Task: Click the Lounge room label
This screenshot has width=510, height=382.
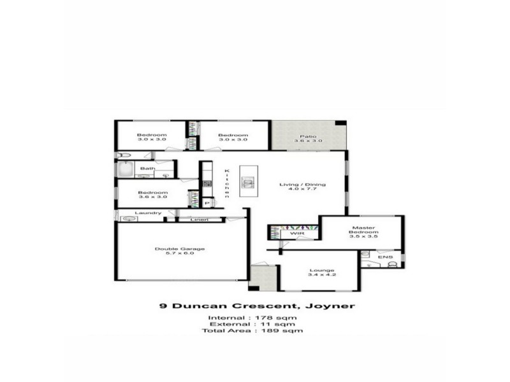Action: [x=321, y=270]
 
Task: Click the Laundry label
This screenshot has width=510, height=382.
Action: [x=148, y=213]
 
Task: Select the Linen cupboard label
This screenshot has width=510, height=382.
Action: [x=200, y=220]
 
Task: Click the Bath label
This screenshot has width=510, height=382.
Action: [x=147, y=169]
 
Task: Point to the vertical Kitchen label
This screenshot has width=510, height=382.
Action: [x=226, y=183]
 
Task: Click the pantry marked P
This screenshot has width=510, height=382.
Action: [x=207, y=202]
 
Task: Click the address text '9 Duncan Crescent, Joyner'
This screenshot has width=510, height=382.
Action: [x=256, y=306]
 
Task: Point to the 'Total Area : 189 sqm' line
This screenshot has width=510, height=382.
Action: [x=252, y=330]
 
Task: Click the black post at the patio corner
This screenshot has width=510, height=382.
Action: [x=341, y=123]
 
